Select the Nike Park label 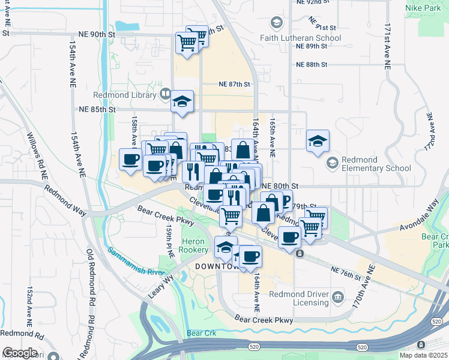(427, 10)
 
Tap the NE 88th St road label (312, 64)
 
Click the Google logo (20, 353)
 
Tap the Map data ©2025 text (423, 355)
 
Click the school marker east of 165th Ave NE (318, 141)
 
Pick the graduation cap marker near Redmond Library (182, 101)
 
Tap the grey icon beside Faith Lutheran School (276, 23)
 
